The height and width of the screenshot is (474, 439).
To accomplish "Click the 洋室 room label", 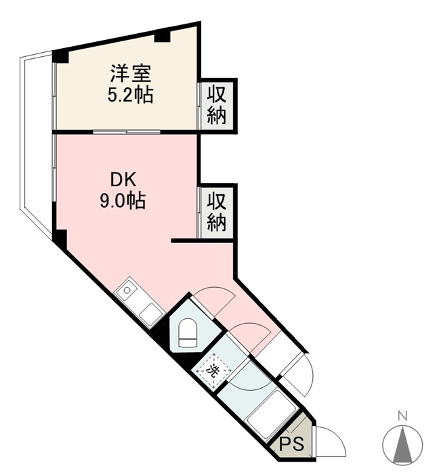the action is click(x=130, y=73).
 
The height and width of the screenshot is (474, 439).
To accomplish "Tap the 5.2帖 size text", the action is click(x=130, y=95).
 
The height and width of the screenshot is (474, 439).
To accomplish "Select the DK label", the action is click(x=123, y=181).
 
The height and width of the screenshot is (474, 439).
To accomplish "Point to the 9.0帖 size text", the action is click(x=123, y=200).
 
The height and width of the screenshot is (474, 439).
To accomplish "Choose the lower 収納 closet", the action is click(x=217, y=212).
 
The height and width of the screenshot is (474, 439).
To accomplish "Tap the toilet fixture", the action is click(x=188, y=332).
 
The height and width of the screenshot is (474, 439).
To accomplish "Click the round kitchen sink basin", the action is click(x=127, y=290).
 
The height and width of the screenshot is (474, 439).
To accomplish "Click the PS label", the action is click(x=291, y=444).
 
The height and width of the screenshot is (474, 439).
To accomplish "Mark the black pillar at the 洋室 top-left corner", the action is click(x=60, y=56).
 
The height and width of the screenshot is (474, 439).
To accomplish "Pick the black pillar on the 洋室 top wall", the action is click(x=163, y=35).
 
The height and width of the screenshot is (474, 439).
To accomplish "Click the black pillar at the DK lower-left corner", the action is click(x=60, y=239).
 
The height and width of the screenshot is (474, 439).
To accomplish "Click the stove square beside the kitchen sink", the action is click(x=151, y=314).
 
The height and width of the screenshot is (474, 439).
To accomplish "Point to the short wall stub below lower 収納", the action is click(x=202, y=240).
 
